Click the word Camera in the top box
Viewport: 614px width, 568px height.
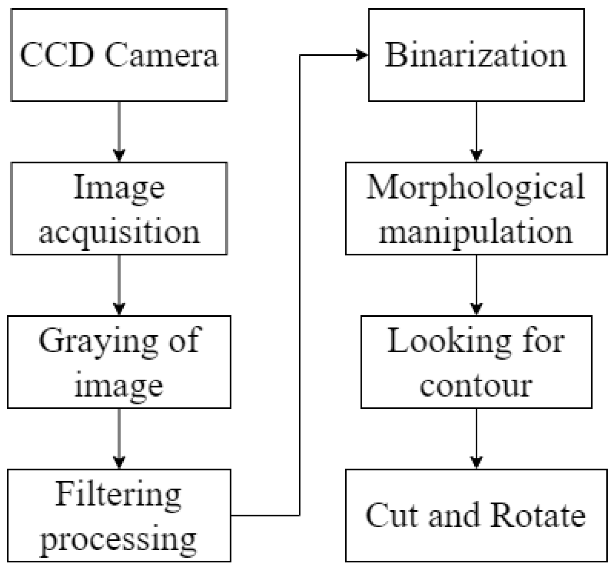point(161,55)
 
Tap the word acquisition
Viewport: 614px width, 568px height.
point(119,231)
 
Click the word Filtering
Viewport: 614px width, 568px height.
point(119,494)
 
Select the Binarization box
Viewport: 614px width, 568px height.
point(476,55)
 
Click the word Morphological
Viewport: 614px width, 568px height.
point(476,187)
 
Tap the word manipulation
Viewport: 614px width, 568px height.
point(476,231)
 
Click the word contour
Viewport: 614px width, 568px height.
point(476,386)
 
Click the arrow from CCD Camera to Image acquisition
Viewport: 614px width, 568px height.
point(119,131)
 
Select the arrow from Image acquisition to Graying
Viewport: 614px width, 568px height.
point(119,285)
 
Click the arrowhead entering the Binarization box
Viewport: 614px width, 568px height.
point(362,55)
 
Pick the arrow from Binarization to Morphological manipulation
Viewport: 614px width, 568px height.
point(476,131)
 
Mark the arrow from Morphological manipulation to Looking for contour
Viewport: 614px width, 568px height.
point(476,285)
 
